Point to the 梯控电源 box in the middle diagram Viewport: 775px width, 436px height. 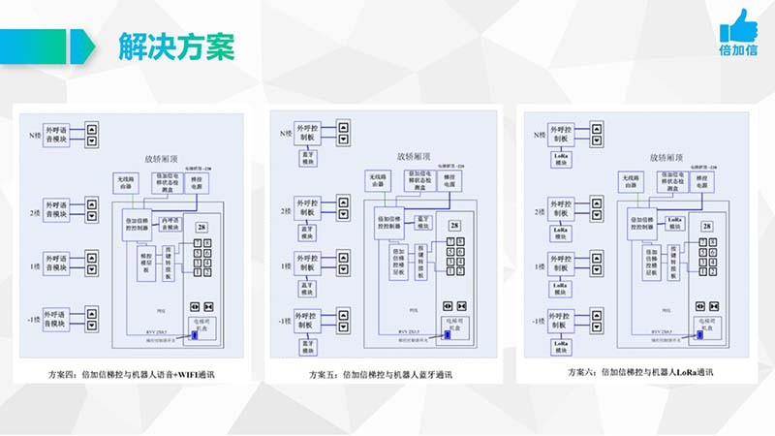[x=449, y=181]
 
